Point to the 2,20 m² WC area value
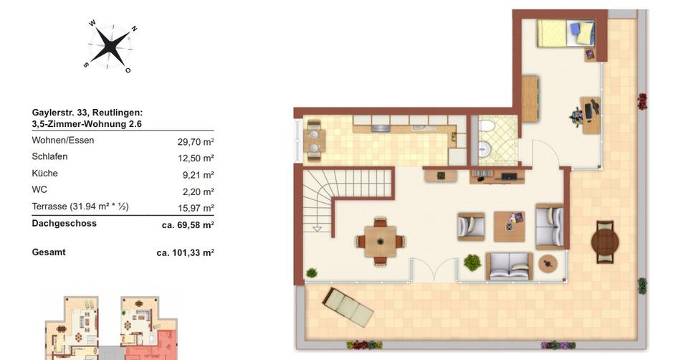pos(199,191)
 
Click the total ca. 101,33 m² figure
pos(186,252)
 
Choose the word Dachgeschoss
pos(64,224)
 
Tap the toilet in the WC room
pos(487,127)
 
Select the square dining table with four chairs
pos(380,241)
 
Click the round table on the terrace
pos(604,241)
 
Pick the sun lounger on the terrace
pos(348,306)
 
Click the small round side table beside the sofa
pos(548,264)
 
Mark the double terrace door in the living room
pos(434,270)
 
